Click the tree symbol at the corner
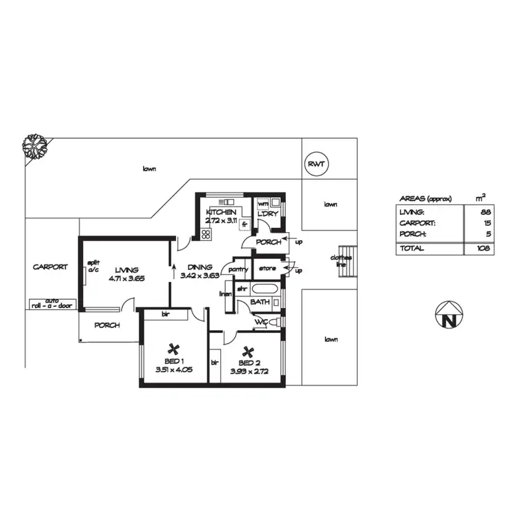[x=32, y=147]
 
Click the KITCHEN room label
[x=221, y=212]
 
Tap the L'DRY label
[x=267, y=215]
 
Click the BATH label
[x=260, y=302]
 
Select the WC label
[x=260, y=322]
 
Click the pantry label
[x=238, y=269]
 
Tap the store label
[x=268, y=268]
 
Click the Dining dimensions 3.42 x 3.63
[x=200, y=275]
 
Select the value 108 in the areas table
[x=483, y=248]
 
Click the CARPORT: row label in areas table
[x=413, y=223]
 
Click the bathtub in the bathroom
[x=265, y=289]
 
